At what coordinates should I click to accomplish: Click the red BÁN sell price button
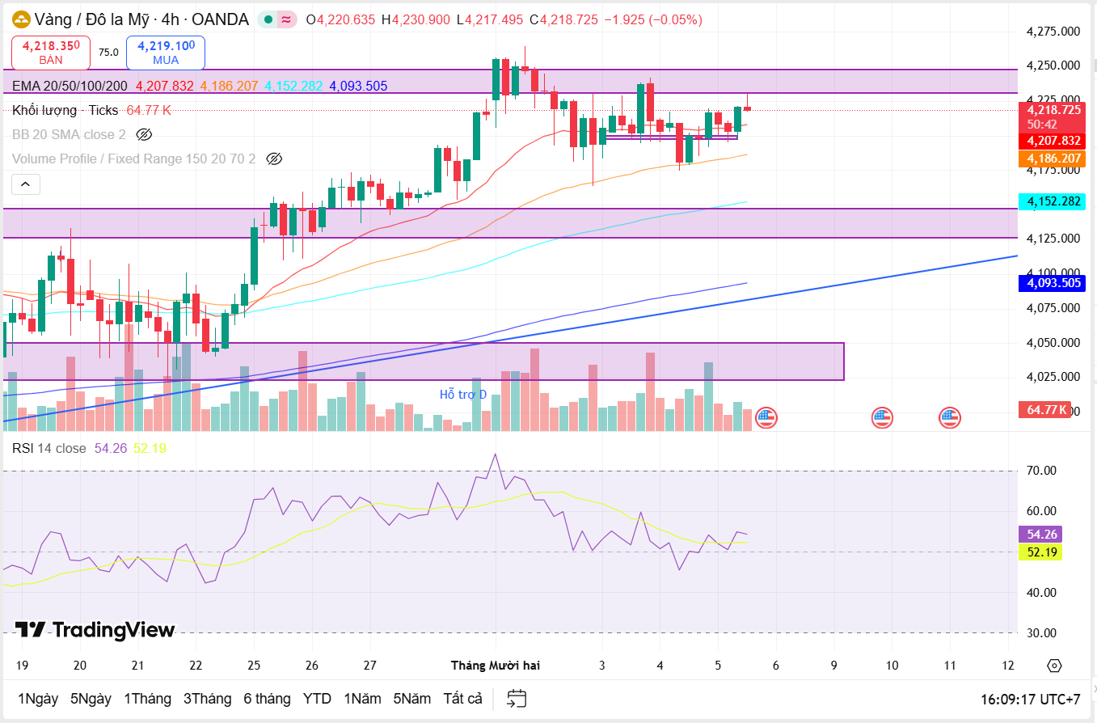click(51, 53)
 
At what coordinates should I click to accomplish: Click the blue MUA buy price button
click(166, 53)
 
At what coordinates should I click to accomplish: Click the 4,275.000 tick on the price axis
click(1053, 32)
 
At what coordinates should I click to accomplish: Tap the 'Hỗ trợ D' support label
click(463, 395)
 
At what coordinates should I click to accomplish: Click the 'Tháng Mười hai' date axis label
click(496, 666)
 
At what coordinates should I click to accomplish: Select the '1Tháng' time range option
click(147, 699)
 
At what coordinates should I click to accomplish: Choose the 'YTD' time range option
click(317, 699)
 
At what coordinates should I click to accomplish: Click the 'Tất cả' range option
click(462, 699)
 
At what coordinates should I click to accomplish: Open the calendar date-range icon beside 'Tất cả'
click(517, 699)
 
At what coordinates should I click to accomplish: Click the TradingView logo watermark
click(95, 630)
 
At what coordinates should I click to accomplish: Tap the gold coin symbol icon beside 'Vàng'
click(21, 19)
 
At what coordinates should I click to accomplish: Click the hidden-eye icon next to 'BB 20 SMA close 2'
click(144, 134)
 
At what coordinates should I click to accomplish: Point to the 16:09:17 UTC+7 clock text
click(1030, 699)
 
